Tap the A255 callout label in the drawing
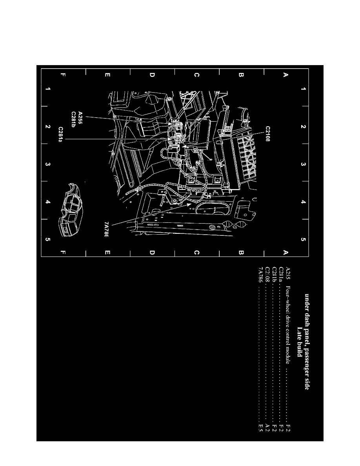pos(80,118)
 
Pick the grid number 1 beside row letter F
pos(48,89)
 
